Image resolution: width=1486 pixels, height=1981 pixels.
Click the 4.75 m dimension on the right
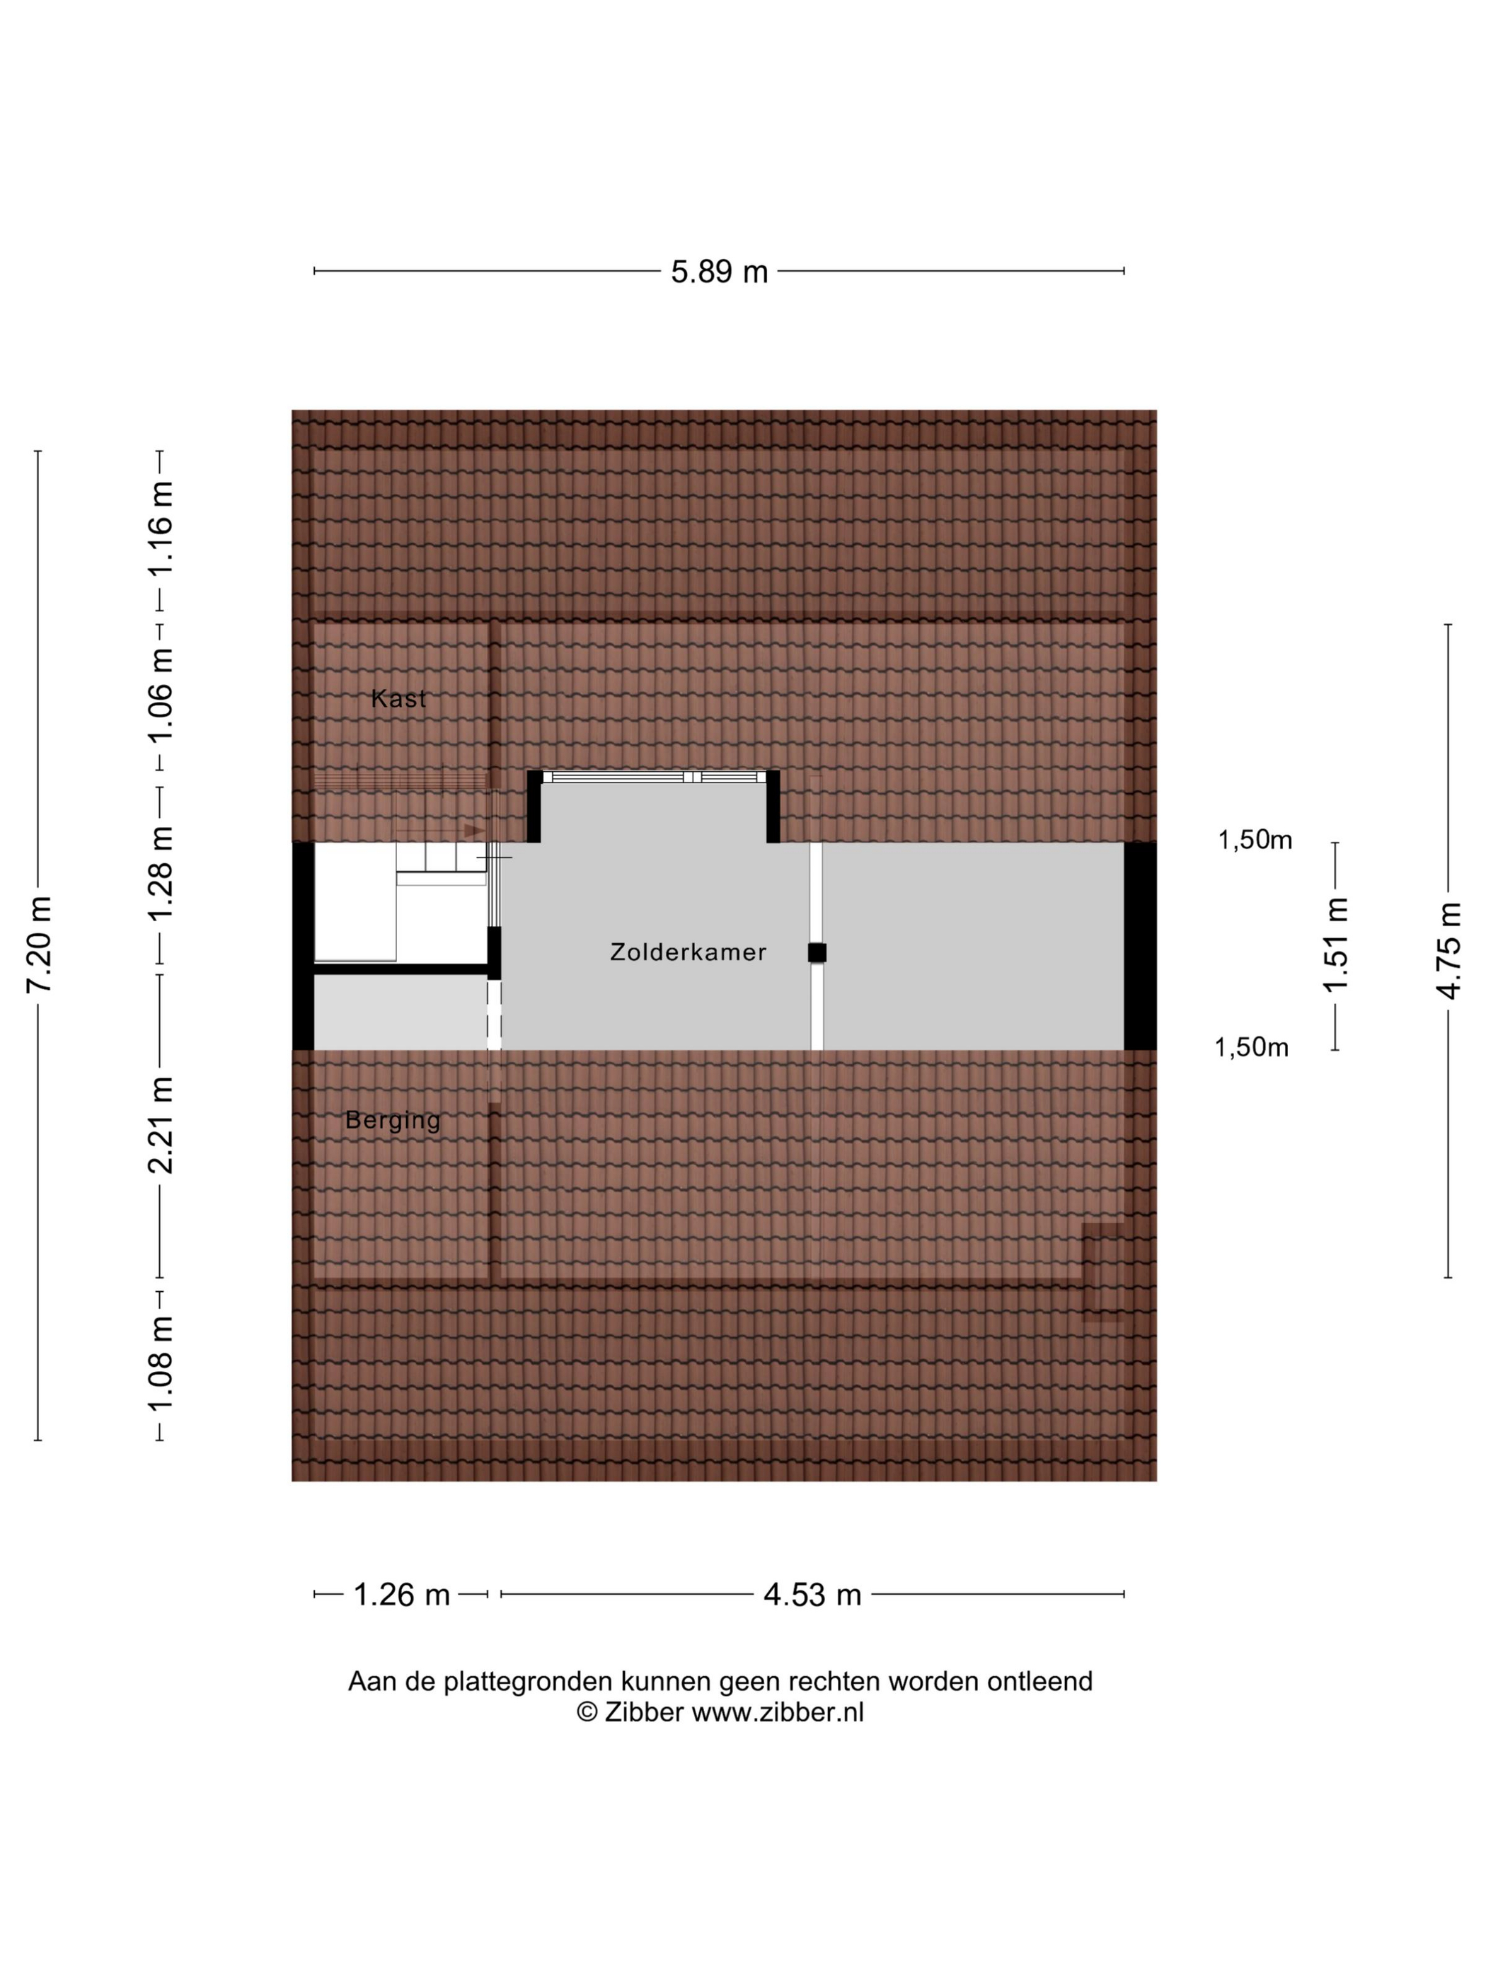point(1448,949)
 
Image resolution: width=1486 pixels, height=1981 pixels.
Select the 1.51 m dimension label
point(1335,945)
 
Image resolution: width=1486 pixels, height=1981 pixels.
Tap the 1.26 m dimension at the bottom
point(401,1619)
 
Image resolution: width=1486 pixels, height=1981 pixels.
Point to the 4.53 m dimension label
point(812,1619)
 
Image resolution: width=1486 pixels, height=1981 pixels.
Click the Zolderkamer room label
point(688,952)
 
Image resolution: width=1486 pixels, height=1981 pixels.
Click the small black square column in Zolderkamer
point(817,953)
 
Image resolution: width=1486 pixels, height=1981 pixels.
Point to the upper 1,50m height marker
point(1255,839)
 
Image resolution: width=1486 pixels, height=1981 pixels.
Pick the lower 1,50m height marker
point(1251,1047)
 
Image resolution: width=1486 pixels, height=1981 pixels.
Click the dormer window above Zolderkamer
point(653,776)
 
